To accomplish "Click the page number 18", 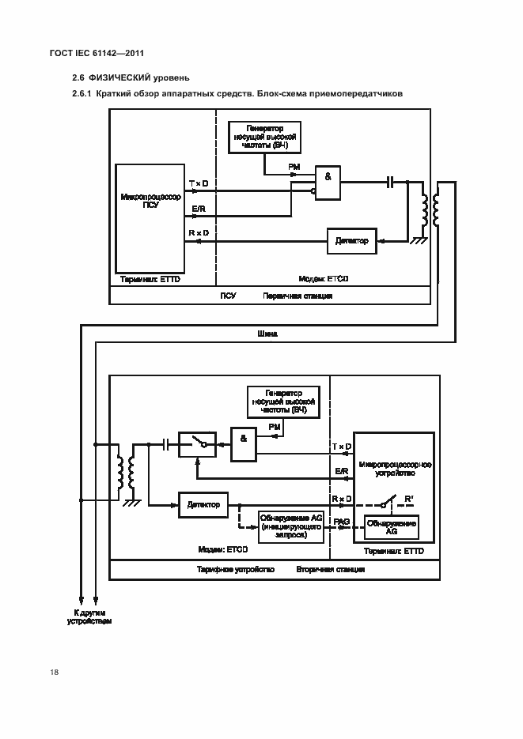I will [54, 672].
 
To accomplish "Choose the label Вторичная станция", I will [330, 568].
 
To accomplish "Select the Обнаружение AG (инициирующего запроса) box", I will [290, 526].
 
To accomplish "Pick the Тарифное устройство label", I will [235, 568].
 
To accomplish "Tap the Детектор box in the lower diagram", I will [203, 503].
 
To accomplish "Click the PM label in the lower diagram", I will [274, 427].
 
